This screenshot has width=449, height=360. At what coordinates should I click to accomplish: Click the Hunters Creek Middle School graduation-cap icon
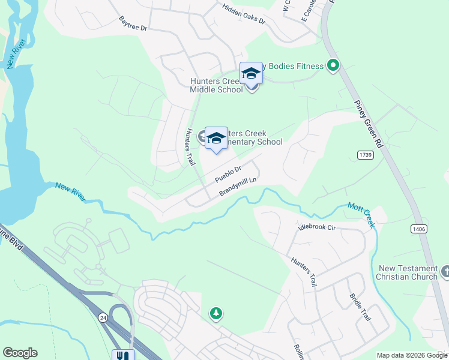pyautogui.click(x=251, y=74)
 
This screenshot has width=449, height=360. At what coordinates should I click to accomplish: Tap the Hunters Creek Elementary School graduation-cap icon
pyautogui.click(x=216, y=139)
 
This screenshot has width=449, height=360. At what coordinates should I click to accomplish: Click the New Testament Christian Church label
pyautogui.click(x=407, y=272)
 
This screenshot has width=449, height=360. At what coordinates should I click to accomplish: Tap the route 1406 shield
pyautogui.click(x=419, y=229)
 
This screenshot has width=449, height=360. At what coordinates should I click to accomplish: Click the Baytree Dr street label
pyautogui.click(x=133, y=23)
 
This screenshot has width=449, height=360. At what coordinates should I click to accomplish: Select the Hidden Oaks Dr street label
pyautogui.click(x=243, y=13)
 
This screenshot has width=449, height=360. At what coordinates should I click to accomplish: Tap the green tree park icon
pyautogui.click(x=215, y=313)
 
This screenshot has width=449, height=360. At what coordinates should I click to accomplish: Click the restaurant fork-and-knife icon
pyautogui.click(x=123, y=355)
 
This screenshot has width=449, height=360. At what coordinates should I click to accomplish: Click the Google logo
pyautogui.click(x=20, y=353)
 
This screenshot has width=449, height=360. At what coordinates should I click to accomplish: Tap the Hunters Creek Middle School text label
pyautogui.click(x=216, y=85)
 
